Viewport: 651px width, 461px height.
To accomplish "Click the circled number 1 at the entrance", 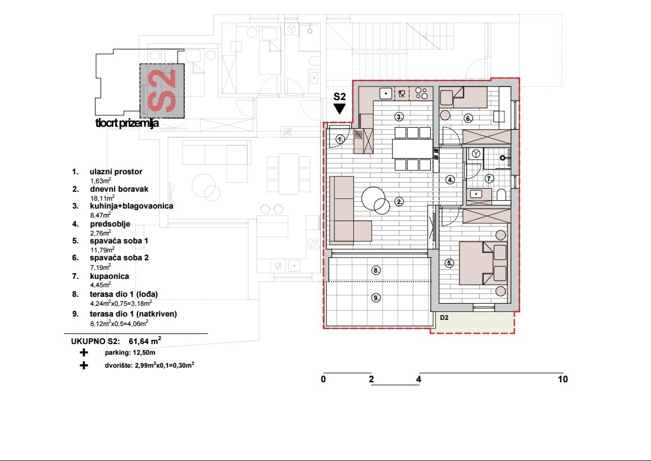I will [340, 139].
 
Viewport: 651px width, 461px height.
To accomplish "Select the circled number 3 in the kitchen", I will [399, 117].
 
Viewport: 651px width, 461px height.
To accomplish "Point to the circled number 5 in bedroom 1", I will [449, 263].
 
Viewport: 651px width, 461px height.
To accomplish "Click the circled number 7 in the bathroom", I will [489, 179].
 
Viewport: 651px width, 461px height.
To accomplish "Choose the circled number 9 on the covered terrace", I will [376, 298].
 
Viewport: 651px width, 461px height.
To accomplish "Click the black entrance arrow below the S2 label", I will [339, 109].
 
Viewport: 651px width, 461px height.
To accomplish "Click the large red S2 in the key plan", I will [162, 91].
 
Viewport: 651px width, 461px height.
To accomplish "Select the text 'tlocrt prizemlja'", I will [128, 123].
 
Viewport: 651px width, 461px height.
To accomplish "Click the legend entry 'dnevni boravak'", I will [119, 189].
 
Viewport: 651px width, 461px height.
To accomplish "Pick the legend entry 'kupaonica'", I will [109, 276].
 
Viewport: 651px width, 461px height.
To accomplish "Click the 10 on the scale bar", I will [563, 379].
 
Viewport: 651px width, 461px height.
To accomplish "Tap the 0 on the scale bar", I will [324, 379].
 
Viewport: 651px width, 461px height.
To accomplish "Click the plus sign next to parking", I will [84, 353].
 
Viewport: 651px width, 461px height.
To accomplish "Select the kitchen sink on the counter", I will [387, 93].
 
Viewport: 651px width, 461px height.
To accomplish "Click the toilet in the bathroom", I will [501, 195].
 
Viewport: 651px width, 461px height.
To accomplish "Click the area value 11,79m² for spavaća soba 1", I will [103, 249].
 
